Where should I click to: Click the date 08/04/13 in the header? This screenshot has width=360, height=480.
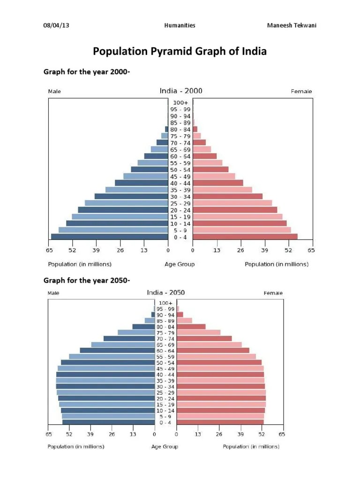[x=56, y=25]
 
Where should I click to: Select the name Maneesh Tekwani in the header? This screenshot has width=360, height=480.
[x=292, y=25]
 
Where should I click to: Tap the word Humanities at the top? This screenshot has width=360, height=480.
[x=180, y=25]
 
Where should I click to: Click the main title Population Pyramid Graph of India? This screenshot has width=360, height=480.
[x=180, y=52]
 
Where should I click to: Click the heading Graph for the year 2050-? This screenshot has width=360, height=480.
[x=87, y=280]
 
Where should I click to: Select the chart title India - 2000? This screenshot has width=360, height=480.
[x=181, y=91]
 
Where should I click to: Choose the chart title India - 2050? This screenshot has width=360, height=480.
[x=165, y=292]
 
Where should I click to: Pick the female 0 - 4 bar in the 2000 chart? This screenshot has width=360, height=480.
[x=245, y=237]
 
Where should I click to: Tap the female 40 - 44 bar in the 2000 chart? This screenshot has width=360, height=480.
[x=218, y=183]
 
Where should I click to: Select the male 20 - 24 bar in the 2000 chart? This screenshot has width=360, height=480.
[x=123, y=210]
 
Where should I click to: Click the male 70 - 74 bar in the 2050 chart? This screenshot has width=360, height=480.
[x=129, y=338]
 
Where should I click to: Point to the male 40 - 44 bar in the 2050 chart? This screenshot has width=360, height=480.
[x=105, y=375]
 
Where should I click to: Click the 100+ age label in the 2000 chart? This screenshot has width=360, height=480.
[x=180, y=102]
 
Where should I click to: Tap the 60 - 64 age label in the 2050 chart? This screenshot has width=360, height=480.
[x=165, y=351]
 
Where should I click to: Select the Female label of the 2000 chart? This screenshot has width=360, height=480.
[x=301, y=91]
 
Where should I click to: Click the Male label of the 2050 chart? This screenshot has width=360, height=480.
[x=53, y=293]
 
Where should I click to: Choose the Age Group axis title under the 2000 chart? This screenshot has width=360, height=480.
[x=180, y=264]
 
